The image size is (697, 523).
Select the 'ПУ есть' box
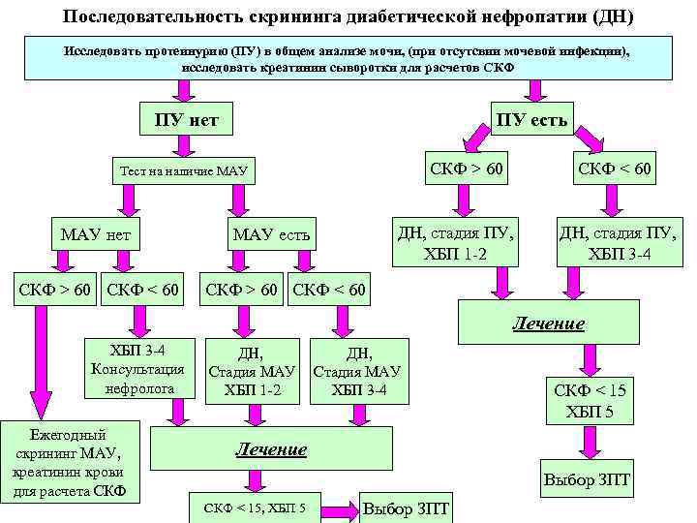point(531,120)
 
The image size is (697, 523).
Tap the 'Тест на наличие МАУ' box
point(183,171)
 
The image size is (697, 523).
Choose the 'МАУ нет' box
point(96,234)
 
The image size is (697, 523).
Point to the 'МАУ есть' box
point(272,234)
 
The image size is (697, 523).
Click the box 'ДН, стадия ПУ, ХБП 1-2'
point(455,242)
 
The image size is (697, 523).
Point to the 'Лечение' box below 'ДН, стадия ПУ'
point(549,323)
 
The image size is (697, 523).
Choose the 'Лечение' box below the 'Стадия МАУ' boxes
point(272,449)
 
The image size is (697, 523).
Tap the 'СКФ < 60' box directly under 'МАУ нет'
point(143,289)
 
